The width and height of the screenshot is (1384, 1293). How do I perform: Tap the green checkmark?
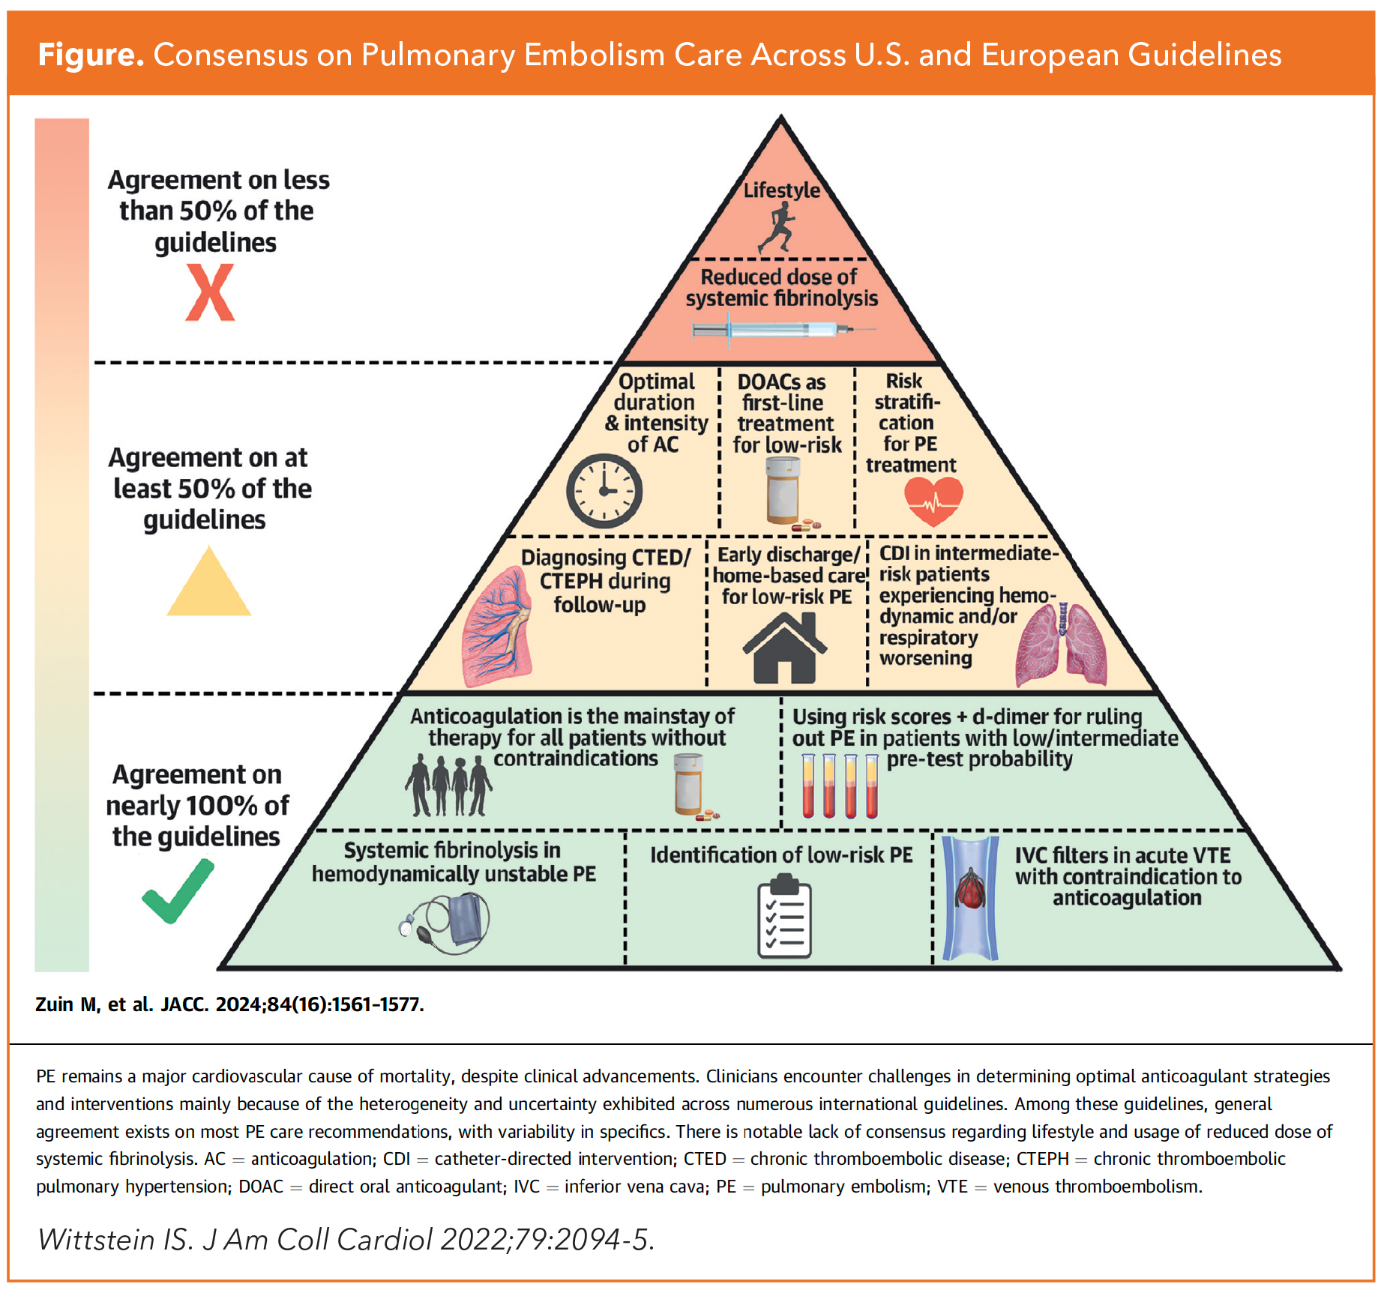click(x=178, y=891)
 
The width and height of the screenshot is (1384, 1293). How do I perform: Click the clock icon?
click(x=604, y=491)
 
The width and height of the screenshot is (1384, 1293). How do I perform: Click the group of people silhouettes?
click(x=448, y=786)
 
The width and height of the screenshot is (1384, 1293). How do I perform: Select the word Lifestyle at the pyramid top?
click(x=781, y=190)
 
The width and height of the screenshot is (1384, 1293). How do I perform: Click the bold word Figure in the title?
click(x=91, y=55)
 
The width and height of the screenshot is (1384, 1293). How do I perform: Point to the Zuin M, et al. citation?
click(x=229, y=1004)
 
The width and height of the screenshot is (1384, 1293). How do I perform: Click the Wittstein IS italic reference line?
click(x=346, y=1240)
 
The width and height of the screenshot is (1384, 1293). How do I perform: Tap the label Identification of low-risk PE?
click(x=780, y=855)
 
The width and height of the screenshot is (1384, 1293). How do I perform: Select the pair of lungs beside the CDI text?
click(x=1061, y=644)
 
